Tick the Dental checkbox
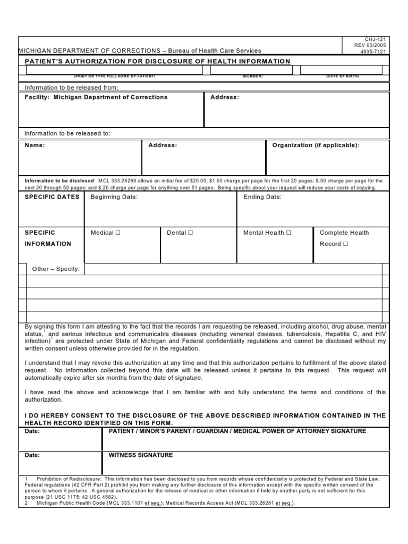click(190, 233)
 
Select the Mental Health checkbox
click(288, 233)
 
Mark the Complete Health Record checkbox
click(345, 244)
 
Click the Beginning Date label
click(114, 197)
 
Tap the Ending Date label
click(262, 197)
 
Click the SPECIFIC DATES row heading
click(52, 197)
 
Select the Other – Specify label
click(56, 269)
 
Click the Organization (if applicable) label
click(316, 145)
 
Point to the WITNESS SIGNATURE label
click(141, 455)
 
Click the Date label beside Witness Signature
click(32, 455)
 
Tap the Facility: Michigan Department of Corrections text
click(96, 97)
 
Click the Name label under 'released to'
click(35, 145)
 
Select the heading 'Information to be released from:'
click(72, 87)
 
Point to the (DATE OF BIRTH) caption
click(343, 76)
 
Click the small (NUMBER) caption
click(253, 76)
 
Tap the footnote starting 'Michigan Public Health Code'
click(159, 503)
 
